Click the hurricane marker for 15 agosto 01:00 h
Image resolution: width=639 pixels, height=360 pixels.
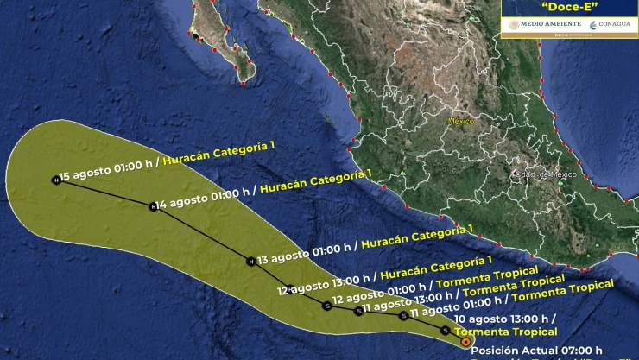point(57,180)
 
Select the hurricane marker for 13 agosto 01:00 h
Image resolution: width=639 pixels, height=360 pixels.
point(250,261)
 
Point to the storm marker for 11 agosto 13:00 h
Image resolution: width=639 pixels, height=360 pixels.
point(359,311)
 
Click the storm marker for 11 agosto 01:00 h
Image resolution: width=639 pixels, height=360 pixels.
point(403,316)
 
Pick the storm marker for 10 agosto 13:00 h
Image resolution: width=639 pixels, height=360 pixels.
point(445,330)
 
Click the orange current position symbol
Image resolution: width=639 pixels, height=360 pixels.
point(465,343)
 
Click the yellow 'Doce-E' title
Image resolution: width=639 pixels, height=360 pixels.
point(569,7)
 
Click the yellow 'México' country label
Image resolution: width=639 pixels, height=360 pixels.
point(461,122)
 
